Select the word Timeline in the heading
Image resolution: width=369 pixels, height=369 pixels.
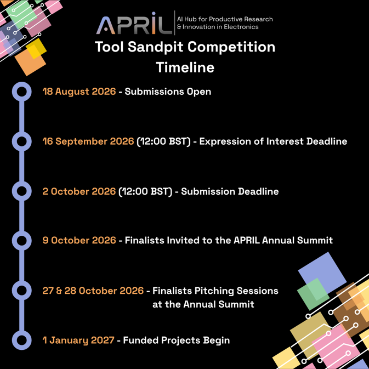185,67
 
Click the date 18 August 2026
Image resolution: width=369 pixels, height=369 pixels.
79,92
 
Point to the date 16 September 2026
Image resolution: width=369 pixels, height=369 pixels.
88,141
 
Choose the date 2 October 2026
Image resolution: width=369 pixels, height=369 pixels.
79,191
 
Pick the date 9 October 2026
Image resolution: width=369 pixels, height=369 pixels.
79,240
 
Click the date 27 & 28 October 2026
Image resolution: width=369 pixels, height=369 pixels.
93,291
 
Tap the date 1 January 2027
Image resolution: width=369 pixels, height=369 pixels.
78,340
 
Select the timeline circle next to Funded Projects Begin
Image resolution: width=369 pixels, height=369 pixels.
21,331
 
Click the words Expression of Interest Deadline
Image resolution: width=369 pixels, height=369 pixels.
273,141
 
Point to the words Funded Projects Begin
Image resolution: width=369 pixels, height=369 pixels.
176,340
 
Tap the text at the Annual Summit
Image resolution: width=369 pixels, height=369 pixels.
203,304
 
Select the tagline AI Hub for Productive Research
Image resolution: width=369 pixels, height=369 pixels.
225,19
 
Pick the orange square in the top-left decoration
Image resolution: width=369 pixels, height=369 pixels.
30,61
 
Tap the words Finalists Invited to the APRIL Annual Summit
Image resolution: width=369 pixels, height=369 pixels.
229,240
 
